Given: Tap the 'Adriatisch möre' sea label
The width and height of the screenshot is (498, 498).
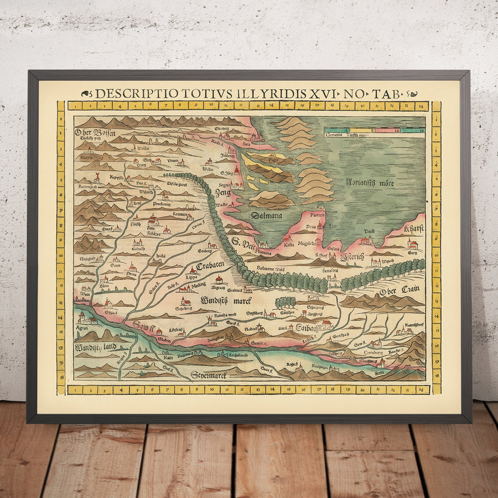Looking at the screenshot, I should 370,182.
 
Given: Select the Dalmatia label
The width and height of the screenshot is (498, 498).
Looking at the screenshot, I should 266,215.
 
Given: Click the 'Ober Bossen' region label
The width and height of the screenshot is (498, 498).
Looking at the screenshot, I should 92,132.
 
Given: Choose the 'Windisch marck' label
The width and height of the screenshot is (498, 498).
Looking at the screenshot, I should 226,300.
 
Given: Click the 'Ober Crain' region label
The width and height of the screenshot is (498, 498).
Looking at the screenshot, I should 400,289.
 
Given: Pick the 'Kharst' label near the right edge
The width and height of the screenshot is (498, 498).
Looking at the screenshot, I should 414,229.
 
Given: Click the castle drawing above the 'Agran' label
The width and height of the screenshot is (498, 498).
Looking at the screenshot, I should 83,318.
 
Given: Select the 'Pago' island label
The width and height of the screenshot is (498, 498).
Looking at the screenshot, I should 272,160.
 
